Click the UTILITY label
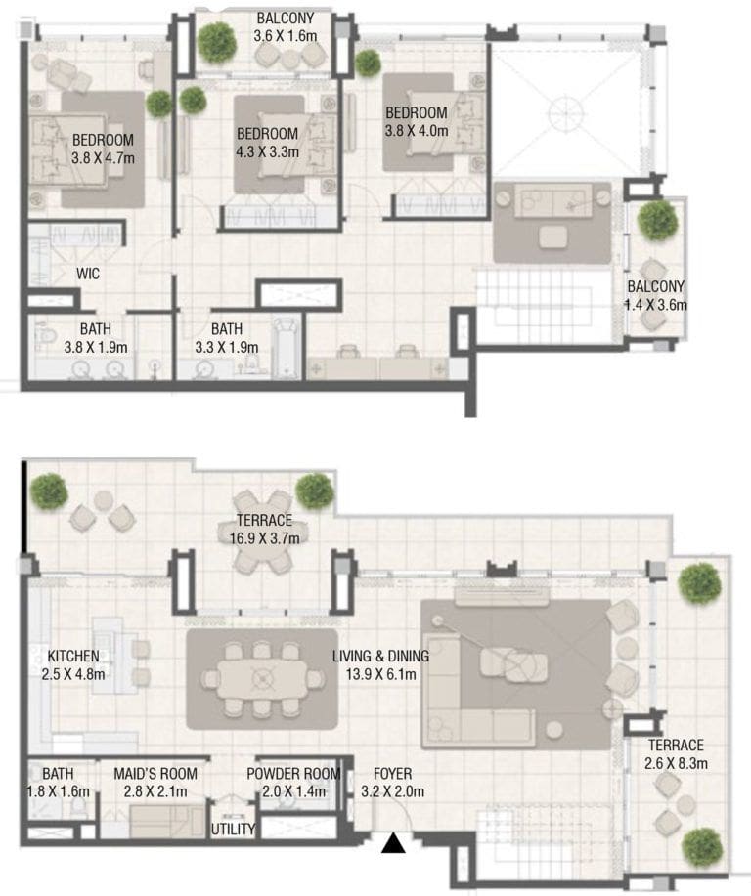pyautogui.click(x=233, y=830)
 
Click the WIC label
pyautogui.click(x=89, y=275)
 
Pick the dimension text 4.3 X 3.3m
pyautogui.click(x=267, y=151)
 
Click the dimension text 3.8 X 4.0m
pyautogui.click(x=416, y=130)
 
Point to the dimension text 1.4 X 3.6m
pyautogui.click(x=655, y=304)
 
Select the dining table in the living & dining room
pyautogui.click(x=261, y=677)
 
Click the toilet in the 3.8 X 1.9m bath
pyautogui.click(x=45, y=339)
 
